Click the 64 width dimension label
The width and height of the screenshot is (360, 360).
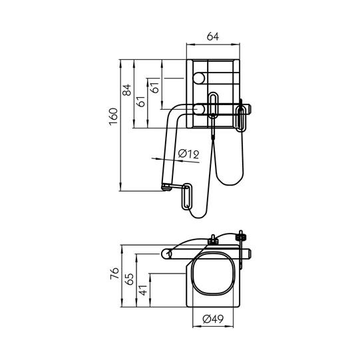point(213,37)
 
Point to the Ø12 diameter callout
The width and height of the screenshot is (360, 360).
point(188,154)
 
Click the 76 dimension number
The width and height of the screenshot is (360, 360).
point(114,272)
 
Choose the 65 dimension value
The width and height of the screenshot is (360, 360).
point(129,279)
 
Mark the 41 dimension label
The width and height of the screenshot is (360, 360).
point(142,290)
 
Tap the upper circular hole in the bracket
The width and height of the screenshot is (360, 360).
point(198,79)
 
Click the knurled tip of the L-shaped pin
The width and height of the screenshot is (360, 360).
point(164,187)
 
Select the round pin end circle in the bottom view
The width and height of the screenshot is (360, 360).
point(168,254)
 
